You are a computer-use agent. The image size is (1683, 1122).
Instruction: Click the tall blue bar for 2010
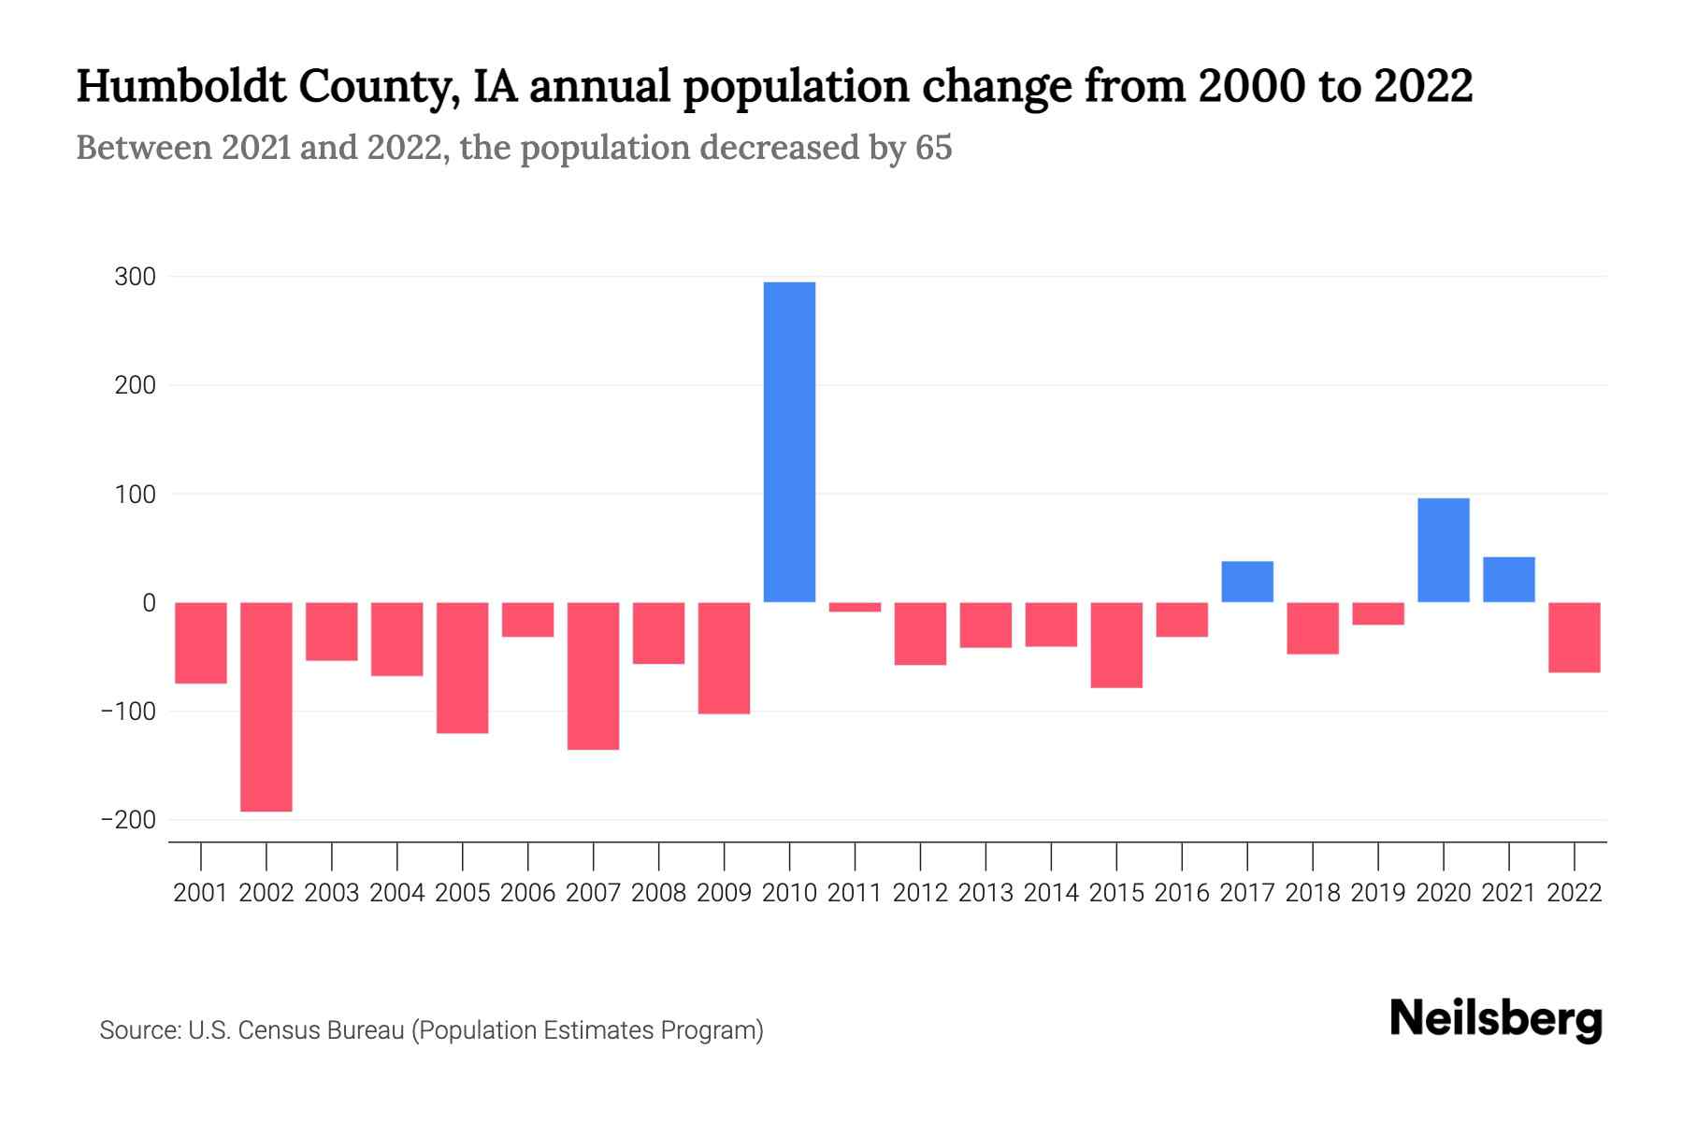coord(789,441)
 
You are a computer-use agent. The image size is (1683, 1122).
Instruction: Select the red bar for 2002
coord(266,706)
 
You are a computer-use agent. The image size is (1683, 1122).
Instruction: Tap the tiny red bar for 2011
coord(855,607)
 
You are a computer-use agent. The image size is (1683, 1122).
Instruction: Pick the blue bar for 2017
coord(1247,582)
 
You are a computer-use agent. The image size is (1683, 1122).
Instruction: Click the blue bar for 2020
coord(1443,550)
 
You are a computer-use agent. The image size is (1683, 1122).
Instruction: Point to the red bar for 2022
coord(1574,637)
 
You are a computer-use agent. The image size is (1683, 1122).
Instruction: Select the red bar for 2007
coord(593,675)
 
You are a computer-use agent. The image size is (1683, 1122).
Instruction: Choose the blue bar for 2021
coord(1508,580)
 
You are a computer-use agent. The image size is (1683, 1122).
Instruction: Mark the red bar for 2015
coord(1116,644)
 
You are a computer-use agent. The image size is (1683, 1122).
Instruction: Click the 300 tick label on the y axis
coord(136,277)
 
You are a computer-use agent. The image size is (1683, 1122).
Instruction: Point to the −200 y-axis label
coord(128,820)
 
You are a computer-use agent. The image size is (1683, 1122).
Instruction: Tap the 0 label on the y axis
coord(149,603)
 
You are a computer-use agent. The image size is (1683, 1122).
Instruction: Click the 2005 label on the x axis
coord(463,893)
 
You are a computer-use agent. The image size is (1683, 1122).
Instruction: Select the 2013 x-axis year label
coord(985,893)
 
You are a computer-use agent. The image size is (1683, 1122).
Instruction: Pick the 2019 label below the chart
coord(1378,893)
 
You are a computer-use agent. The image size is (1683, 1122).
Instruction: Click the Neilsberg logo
coord(1496,1019)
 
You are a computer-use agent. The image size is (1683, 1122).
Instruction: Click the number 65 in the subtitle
coord(933,148)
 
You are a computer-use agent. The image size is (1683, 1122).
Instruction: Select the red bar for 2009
coord(724,657)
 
